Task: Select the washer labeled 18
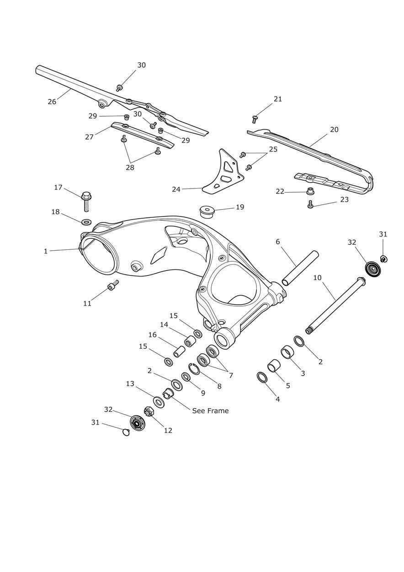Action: tap(87, 221)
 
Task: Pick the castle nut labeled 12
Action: tap(149, 412)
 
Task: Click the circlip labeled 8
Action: tap(194, 369)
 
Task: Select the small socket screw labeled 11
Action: tap(113, 285)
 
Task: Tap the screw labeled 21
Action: tap(255, 119)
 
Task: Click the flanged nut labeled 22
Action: tap(310, 191)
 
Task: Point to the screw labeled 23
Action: tap(310, 205)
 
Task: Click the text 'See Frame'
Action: tap(210, 410)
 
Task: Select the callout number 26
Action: tap(52, 102)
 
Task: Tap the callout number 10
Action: tap(317, 278)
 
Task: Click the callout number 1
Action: tap(46, 251)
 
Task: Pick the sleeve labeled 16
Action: tap(179, 351)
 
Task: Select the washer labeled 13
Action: tap(159, 402)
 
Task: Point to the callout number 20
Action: tap(334, 130)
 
